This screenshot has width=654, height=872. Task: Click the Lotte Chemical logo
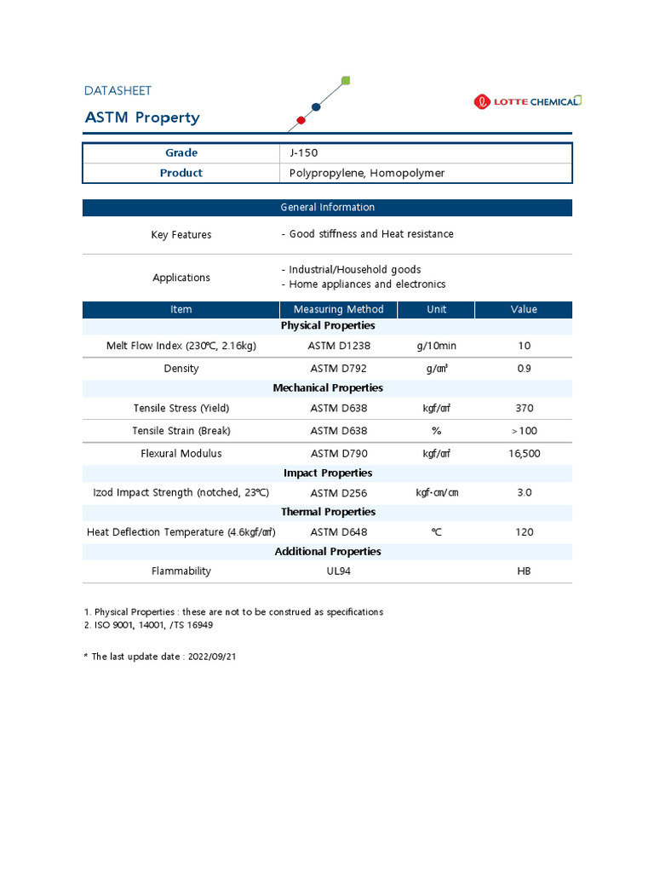[527, 101]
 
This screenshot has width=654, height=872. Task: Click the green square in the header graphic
[345, 81]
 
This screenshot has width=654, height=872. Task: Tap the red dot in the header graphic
[300, 119]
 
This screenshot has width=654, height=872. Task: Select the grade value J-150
[302, 153]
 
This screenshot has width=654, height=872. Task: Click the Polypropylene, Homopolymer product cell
[366, 173]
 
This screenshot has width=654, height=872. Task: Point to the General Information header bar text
[327, 207]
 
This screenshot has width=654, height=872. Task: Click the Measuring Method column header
[338, 309]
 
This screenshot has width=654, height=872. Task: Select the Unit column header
[436, 309]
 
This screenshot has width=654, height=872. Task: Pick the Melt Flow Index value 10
[524, 346]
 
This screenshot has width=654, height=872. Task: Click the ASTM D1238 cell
[338, 346]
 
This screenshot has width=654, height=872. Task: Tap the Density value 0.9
[524, 369]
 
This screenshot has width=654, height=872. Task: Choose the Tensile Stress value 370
[524, 408]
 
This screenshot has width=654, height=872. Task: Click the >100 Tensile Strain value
[524, 431]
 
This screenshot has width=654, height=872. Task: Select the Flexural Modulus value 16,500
[524, 454]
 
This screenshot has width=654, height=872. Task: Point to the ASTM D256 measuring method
[338, 493]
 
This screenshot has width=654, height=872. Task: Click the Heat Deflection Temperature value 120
[524, 532]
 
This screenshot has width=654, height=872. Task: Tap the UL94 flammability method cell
[338, 571]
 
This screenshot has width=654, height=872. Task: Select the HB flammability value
[524, 571]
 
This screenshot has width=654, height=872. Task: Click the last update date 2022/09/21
[213, 657]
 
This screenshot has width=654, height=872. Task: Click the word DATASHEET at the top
[118, 90]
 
